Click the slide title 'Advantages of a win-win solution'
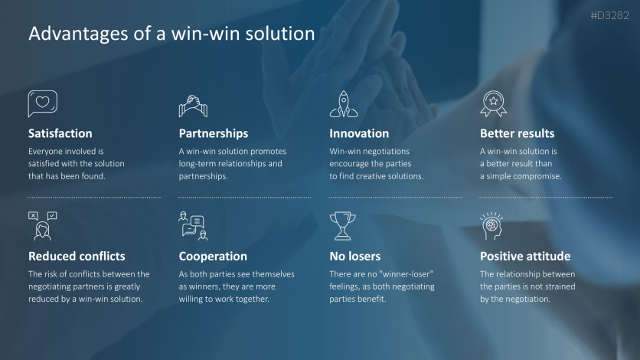coord(171,34)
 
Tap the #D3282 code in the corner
coord(609,15)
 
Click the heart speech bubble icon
coord(42,103)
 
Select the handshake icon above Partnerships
coord(193,106)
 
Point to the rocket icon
coord(344,104)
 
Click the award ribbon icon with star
coord(494,103)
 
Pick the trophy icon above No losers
coord(342,226)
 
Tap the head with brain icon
coord(491,226)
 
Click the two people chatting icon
coord(193,226)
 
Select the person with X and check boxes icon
coord(42,226)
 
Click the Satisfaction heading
coord(60,133)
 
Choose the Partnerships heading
coord(214,133)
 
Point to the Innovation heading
coord(359,133)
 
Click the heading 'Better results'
coord(518,133)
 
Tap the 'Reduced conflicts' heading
coord(77,257)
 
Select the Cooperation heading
coord(213,257)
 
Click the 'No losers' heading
coord(354,257)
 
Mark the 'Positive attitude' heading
coord(525,257)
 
